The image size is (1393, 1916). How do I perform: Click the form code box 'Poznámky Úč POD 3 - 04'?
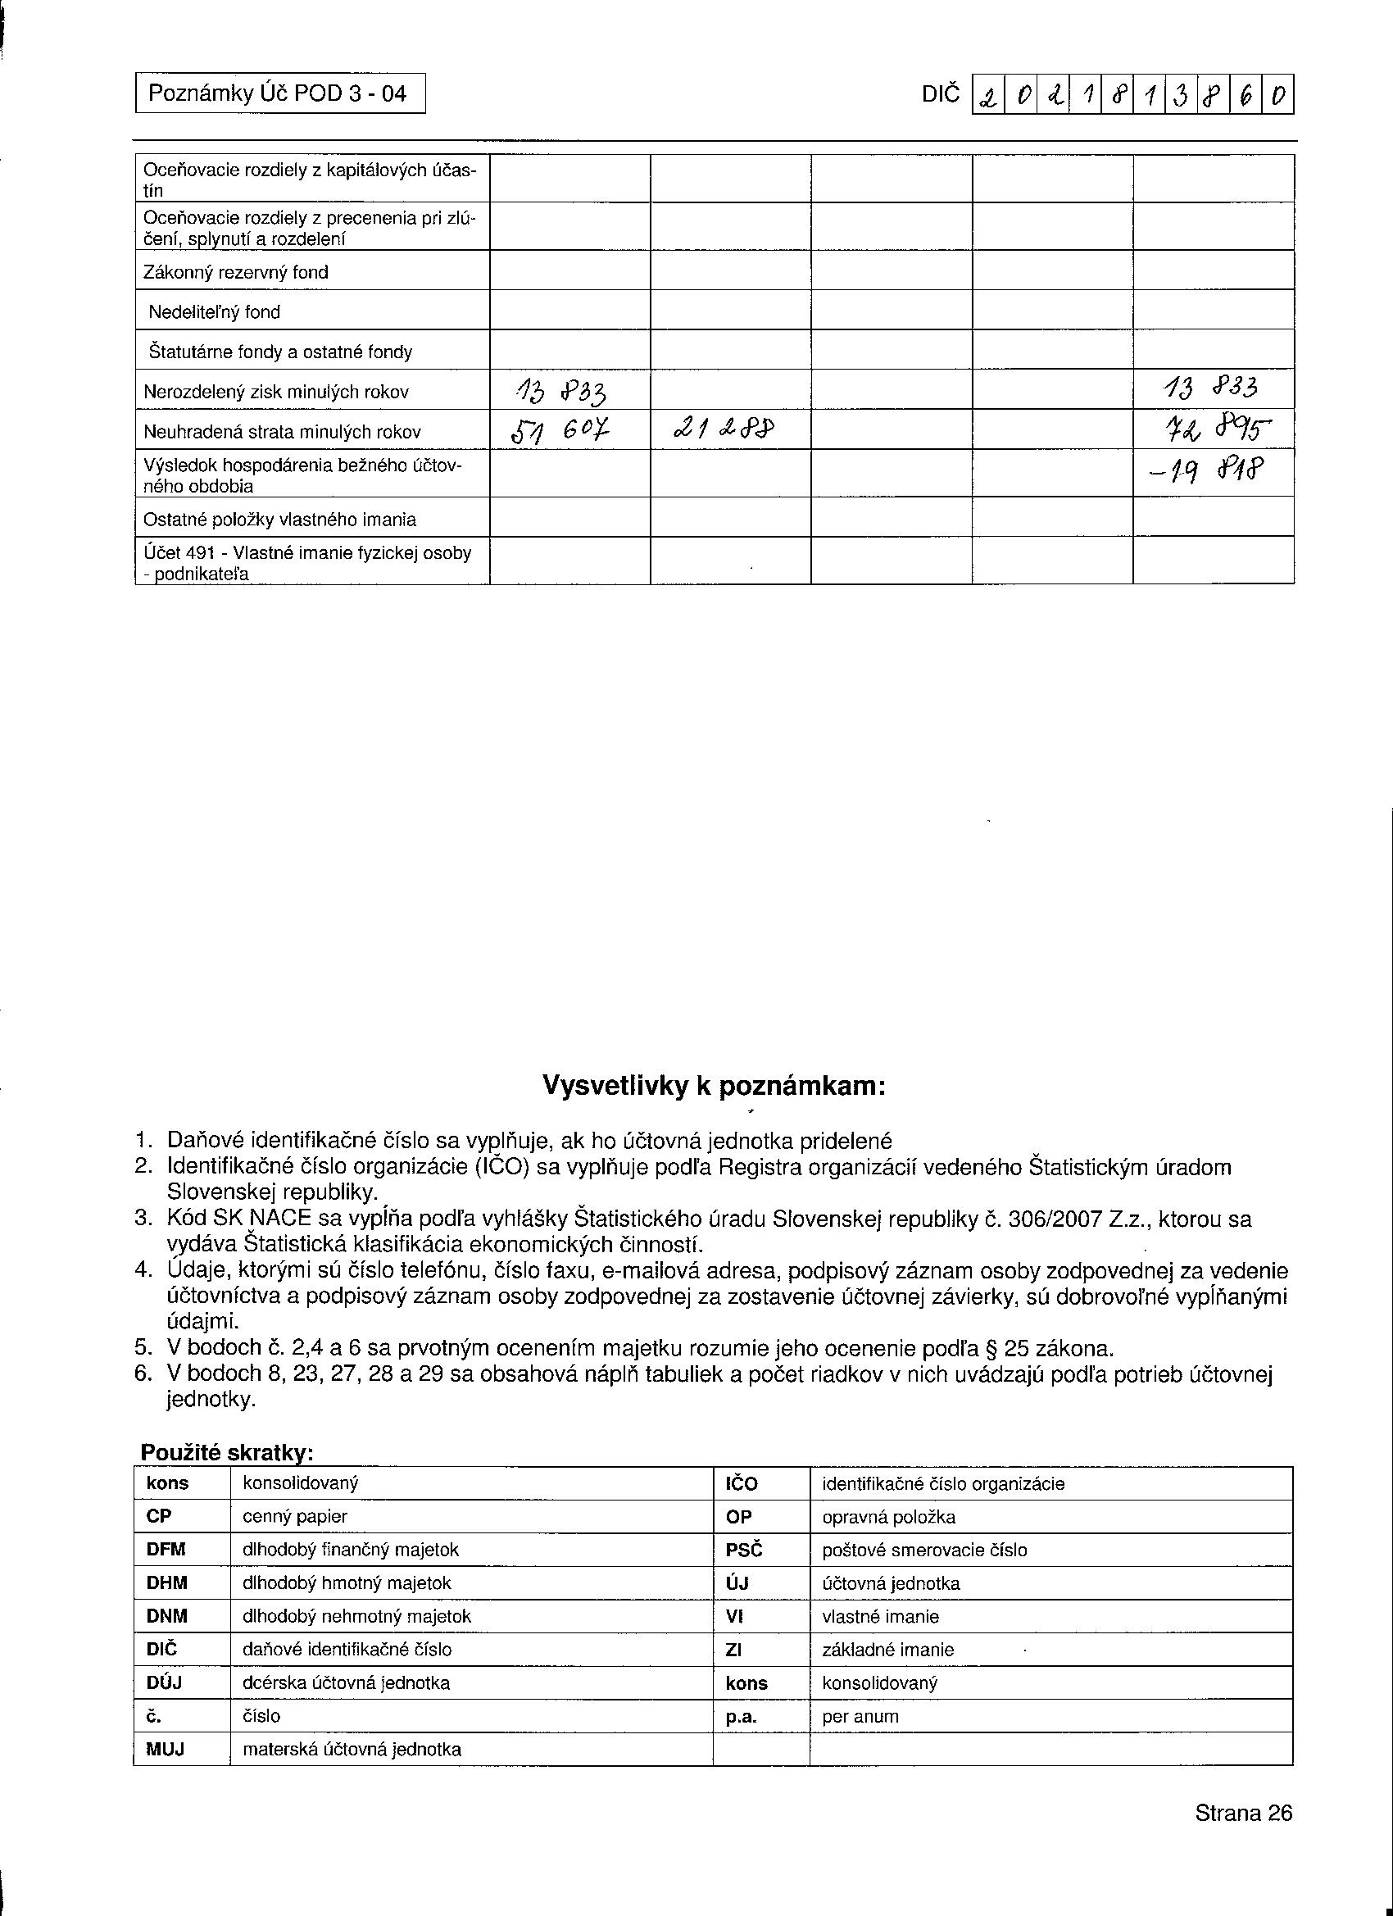coord(279,93)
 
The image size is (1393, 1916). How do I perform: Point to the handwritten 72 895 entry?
coord(1213,432)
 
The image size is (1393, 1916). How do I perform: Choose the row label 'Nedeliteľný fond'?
coord(215,311)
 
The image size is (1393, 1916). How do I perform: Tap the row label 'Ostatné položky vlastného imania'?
coord(279,519)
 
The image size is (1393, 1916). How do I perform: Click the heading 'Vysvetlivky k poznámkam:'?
coord(714,1086)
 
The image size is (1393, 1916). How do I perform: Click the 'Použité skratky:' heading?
coord(227,1452)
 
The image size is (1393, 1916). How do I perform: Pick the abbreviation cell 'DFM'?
coord(166,1551)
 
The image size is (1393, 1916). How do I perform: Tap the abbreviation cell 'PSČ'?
coord(743,1551)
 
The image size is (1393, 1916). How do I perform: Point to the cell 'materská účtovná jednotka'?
coord(352,1749)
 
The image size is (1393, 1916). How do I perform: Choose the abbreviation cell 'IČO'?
coord(742,1484)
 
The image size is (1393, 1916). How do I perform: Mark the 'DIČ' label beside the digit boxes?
coord(941,93)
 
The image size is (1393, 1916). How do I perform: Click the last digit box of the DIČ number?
coord(1278,94)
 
